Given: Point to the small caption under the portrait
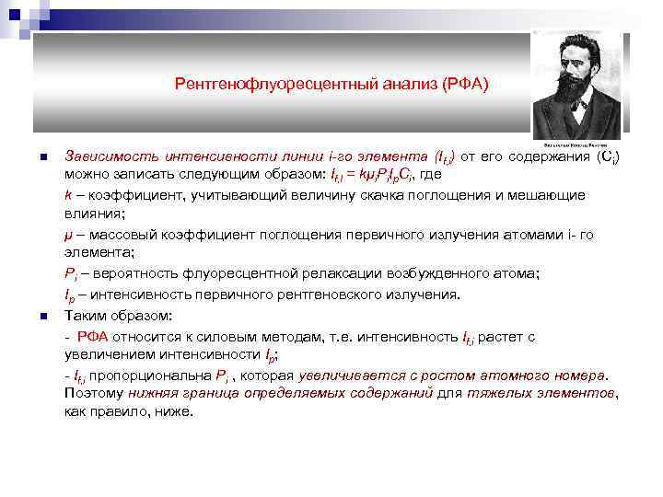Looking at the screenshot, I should (x=577, y=144).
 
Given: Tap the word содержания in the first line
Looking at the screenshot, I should (x=545, y=156).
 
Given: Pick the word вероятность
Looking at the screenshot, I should (x=128, y=273).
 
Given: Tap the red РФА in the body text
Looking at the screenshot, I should (x=92, y=337).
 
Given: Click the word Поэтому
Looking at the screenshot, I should (x=94, y=394).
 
